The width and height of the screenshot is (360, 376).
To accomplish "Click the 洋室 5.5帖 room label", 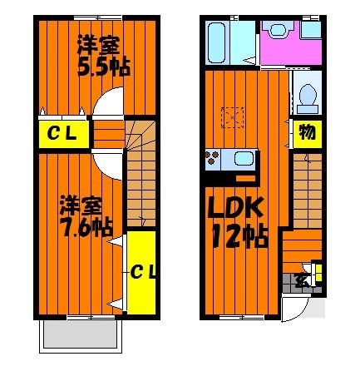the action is coord(104,56).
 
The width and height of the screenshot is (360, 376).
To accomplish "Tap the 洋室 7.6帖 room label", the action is coord(86,216).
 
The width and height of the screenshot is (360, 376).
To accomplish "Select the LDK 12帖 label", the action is coord(238,222).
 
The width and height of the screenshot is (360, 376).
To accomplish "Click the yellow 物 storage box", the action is coord(308,134).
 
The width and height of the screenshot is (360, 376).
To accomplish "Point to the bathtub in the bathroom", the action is coord(216,42).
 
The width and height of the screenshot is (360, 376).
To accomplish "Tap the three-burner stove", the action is coord(212,158).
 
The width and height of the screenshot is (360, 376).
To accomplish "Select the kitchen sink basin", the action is coord(244,158).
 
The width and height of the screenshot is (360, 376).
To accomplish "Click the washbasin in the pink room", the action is coord(278,29).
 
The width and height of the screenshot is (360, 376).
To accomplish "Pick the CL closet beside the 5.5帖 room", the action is coord(64,134).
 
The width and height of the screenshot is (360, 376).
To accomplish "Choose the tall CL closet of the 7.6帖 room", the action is coord(141,273).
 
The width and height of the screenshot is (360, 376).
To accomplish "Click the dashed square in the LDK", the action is coord(233,117).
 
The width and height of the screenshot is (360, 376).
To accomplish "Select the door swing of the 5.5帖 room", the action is coord(108,101).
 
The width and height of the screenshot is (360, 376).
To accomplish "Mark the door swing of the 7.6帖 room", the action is coord(107,164).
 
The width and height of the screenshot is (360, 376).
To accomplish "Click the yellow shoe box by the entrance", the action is coord(318,273).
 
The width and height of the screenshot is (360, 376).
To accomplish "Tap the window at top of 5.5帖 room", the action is coord(98,18).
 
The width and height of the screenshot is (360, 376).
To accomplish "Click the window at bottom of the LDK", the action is coord(241,318).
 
